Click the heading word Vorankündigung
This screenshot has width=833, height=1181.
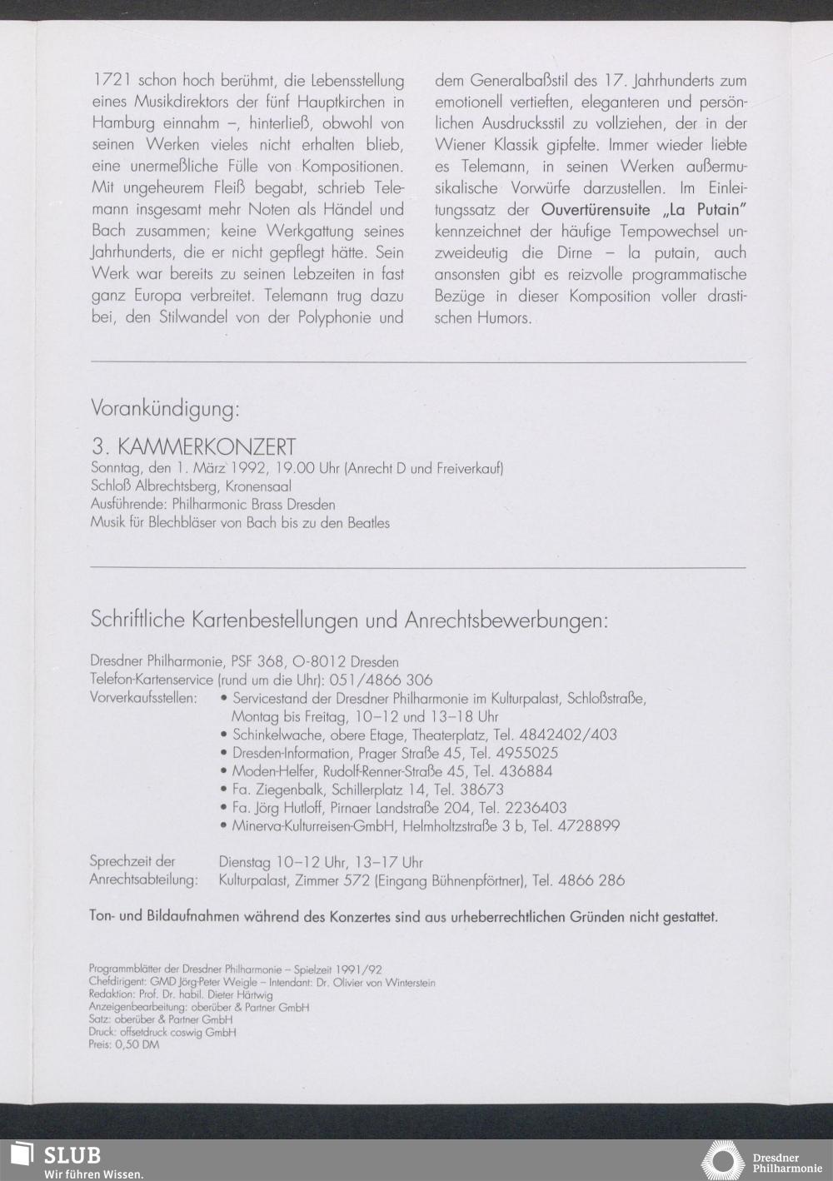pyautogui.click(x=165, y=410)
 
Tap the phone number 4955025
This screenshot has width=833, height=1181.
pyautogui.click(x=528, y=753)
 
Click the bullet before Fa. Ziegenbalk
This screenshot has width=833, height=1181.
pyautogui.click(x=224, y=790)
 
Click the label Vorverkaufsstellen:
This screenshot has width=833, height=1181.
pyautogui.click(x=142, y=698)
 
